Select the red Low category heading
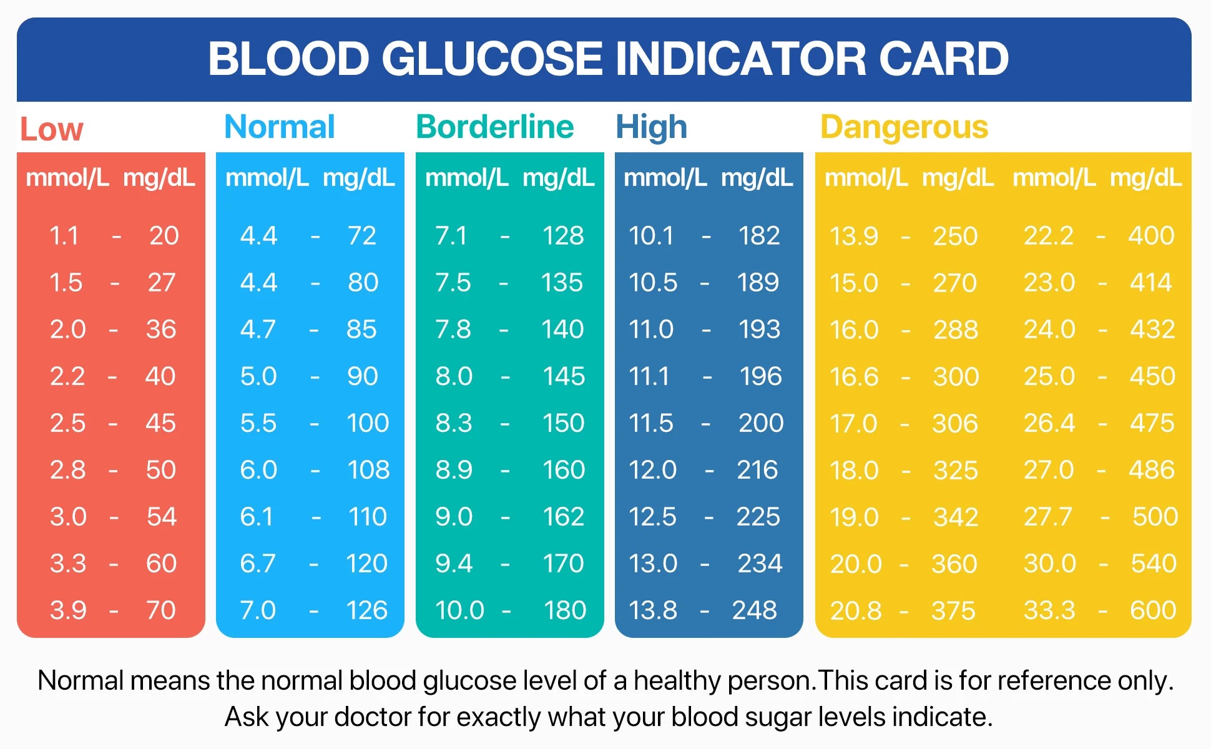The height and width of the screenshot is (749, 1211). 51,129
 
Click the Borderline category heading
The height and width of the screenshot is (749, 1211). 494,127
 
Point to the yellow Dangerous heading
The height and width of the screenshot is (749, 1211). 904,127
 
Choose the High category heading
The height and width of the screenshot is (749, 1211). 651,127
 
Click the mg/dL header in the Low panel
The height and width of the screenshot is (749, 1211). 159,178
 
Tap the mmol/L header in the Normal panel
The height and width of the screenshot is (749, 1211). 267,178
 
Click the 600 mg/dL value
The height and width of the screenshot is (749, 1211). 1152,610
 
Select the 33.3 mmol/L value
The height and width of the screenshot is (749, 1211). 1049,610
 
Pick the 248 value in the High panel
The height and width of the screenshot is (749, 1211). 755,610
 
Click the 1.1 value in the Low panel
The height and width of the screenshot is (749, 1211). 64,235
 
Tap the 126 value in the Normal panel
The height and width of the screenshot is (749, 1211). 367,610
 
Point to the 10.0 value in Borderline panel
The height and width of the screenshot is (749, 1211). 459,610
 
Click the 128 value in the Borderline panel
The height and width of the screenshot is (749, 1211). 563,235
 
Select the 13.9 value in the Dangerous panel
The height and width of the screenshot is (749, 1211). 853,236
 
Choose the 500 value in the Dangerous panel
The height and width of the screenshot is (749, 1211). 1155,516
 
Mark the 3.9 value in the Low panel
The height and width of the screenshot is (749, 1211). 68,610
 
